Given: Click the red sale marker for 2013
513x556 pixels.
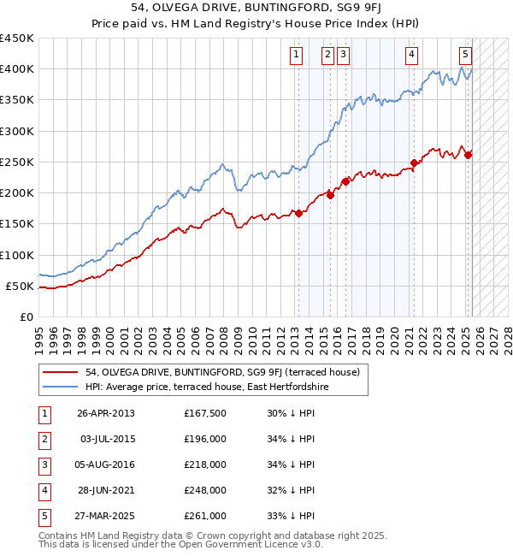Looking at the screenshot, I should point(298,213).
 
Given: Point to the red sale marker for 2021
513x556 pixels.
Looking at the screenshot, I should point(414,163).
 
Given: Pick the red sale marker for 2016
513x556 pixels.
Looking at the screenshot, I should point(345,181).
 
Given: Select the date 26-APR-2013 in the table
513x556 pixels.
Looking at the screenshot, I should point(105,413).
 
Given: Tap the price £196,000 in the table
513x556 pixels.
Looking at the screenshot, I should point(205,439).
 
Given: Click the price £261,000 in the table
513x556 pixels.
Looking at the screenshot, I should point(205,516).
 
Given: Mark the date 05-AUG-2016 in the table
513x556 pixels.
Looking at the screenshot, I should point(105,464).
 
